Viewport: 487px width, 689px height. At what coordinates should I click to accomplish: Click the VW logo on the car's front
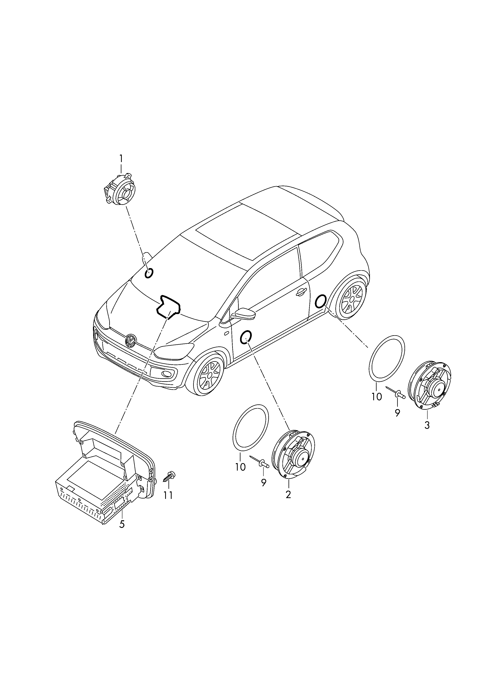[x=131, y=341]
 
